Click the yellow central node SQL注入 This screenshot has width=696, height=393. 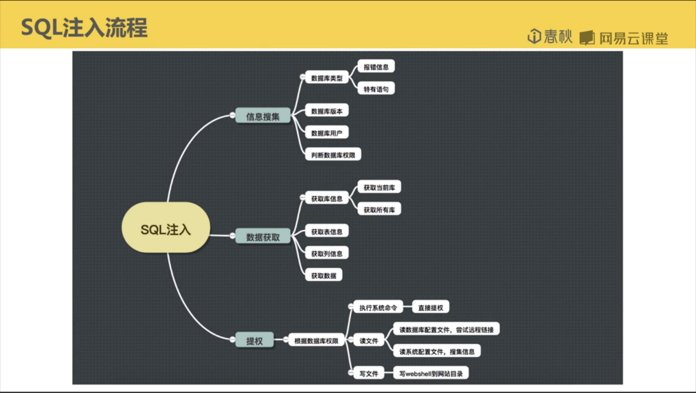point(166,229)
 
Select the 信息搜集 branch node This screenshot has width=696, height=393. point(263,117)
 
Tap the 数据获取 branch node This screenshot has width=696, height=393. point(263,237)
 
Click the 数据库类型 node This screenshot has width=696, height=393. point(327,78)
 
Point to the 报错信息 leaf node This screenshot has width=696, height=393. point(376,66)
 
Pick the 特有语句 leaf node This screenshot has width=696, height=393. point(376,89)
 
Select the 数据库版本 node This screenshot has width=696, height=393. point(327,111)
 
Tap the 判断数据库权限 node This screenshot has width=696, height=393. point(333,155)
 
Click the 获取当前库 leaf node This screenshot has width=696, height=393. point(379,187)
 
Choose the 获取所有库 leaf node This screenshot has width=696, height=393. point(379,210)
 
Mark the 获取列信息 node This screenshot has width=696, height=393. point(327,253)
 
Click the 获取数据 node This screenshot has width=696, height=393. point(324,275)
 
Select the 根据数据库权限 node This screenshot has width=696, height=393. point(316,341)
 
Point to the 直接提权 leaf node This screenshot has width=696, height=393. point(431,308)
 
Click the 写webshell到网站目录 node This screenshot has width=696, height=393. point(431,373)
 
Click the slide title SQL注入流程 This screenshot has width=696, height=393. point(84,28)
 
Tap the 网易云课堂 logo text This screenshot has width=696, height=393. point(632,38)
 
